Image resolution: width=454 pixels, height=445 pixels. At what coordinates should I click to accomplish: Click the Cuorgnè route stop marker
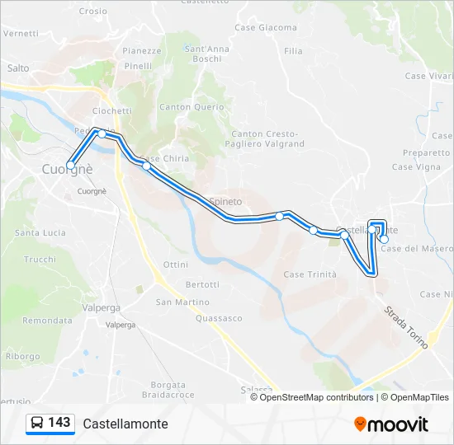click(x=71, y=166)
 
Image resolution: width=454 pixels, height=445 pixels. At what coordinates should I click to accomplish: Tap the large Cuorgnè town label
click(x=68, y=169)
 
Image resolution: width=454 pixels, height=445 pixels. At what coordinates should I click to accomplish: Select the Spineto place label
click(x=225, y=201)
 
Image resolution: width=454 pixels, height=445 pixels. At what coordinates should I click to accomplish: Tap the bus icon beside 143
click(x=36, y=424)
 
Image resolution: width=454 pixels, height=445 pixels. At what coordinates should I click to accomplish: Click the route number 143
click(x=59, y=423)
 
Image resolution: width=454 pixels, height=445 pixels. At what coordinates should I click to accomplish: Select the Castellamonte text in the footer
click(x=125, y=424)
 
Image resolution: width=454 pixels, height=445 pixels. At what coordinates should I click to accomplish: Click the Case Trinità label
click(x=310, y=274)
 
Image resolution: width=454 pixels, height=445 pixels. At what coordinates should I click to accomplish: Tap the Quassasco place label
click(x=219, y=318)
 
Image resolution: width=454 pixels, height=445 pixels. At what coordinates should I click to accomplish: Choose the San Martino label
click(x=183, y=302)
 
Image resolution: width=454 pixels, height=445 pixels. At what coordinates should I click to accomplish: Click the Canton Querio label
click(x=192, y=107)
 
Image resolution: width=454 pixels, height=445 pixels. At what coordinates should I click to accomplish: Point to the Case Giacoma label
click(x=266, y=28)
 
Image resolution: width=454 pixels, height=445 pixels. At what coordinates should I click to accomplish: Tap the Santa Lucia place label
click(x=40, y=233)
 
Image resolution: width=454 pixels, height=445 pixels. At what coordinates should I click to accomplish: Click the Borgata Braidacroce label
click(x=173, y=390)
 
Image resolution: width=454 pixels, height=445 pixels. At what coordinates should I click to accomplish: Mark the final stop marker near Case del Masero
click(x=384, y=239)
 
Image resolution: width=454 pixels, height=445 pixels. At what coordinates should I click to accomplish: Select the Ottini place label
click(x=176, y=265)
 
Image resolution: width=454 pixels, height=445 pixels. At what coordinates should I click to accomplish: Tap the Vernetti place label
click(x=21, y=34)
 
